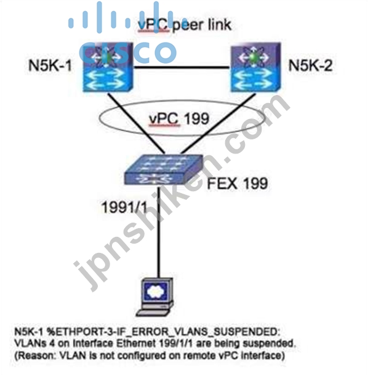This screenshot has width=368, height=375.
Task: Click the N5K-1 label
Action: pos(50,65)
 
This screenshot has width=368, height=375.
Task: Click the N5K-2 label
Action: pos(310,65)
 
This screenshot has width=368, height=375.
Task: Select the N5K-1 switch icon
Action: pos(108,67)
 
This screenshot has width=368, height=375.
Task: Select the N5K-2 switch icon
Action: pos(255,67)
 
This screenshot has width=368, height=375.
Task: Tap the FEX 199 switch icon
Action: pos(164,170)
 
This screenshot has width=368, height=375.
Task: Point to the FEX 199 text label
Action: pos(237,183)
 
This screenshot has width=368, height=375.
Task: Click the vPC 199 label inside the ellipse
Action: pos(179,118)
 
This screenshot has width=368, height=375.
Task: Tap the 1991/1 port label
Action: pos(124,207)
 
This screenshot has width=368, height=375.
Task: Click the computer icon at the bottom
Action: pos(155,297)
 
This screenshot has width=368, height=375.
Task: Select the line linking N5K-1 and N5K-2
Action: pos(182,68)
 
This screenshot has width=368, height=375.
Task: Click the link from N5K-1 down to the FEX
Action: pos(135,123)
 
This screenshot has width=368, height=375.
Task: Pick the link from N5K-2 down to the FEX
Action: pos(218,123)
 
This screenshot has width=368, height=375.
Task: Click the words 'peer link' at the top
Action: pos(202,25)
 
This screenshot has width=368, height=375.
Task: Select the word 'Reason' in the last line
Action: pos(36,356)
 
